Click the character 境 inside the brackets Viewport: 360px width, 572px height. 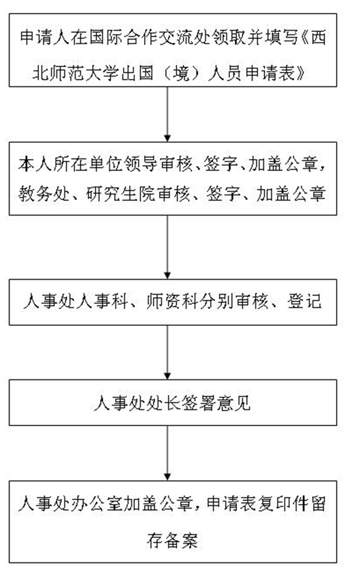(x=181, y=73)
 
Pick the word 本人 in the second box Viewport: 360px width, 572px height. (x=35, y=164)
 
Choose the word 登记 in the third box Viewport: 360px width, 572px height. (x=305, y=302)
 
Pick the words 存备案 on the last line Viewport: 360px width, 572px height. (x=172, y=540)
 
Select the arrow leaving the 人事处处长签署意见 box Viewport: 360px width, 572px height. (x=167, y=453)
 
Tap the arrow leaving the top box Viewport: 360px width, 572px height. (x=167, y=114)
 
